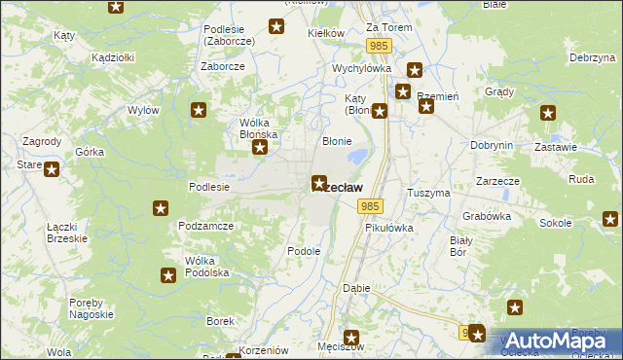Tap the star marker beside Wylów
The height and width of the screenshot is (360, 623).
[199, 111]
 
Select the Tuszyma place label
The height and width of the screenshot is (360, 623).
[428, 193]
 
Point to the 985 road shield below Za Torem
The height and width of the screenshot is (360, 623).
[380, 47]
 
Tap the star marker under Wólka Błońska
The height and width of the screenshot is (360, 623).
[260, 148]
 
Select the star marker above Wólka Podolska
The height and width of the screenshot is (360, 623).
[168, 275]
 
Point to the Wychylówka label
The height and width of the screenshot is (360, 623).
[361, 69]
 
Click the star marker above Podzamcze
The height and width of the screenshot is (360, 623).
[161, 208]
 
